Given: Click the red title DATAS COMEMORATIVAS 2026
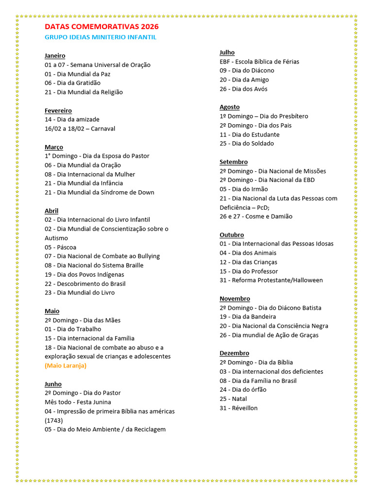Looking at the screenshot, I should (102, 27).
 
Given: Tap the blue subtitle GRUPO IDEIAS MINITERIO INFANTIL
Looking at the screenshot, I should (101, 37).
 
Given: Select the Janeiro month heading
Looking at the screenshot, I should (55, 56).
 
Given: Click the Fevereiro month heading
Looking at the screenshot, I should (58, 111).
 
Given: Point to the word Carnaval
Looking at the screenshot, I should (103, 129).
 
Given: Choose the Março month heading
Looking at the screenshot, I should (54, 147).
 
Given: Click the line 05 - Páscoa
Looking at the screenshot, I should (60, 247).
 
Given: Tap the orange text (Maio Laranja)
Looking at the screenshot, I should (66, 365).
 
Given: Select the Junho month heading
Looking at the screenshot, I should (54, 384).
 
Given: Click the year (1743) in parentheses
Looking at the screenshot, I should (53, 420).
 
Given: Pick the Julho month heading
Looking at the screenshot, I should (227, 52).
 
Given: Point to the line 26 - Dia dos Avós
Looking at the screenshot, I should (243, 89).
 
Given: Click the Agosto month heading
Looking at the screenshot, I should (229, 107).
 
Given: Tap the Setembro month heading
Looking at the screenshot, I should (234, 162).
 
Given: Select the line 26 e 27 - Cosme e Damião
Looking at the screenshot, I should (256, 216).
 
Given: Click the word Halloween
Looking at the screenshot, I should (307, 280).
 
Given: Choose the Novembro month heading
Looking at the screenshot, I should (235, 298).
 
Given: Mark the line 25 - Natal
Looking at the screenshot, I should (233, 399).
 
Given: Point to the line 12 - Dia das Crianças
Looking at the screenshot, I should (248, 262).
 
